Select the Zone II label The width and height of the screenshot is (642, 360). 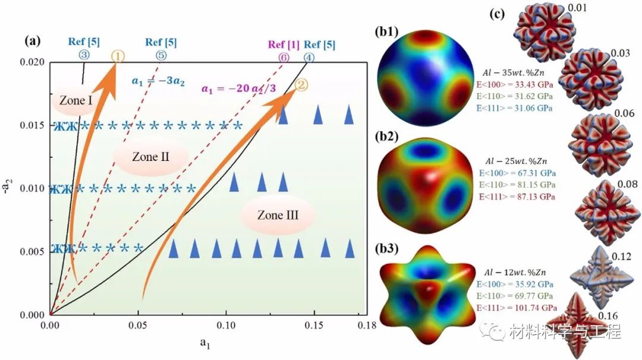pos(150,157)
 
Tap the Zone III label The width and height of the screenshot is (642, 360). pos(278,216)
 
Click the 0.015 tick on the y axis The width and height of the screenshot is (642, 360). pos(33,125)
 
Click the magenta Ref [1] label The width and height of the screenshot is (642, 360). pos(284,45)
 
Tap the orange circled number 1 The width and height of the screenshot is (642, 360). pos(118,56)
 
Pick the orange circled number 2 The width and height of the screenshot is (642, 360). pos(301,84)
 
